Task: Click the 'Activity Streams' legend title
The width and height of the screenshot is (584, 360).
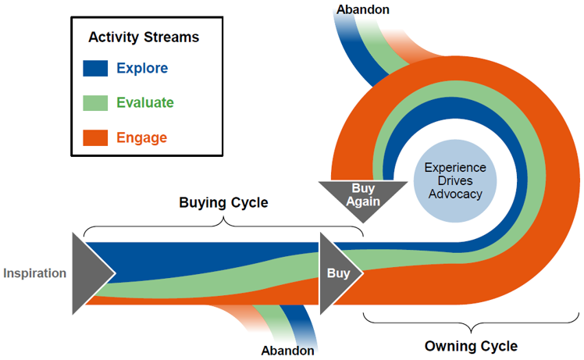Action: [x=143, y=37]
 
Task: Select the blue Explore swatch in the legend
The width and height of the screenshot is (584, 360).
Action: [x=95, y=69]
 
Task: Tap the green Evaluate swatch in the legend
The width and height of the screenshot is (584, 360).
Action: [x=95, y=103]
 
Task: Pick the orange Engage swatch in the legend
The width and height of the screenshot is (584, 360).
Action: [x=95, y=138]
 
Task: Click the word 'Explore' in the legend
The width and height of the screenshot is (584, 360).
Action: [x=142, y=69]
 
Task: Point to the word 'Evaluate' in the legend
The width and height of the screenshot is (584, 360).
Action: [x=145, y=103]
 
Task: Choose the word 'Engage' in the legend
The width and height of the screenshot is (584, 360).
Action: [x=141, y=138]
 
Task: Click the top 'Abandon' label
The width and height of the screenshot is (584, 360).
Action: [x=362, y=9]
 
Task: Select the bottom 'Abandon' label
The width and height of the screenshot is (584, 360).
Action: [x=287, y=351]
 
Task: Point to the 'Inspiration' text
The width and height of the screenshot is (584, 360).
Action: [x=34, y=273]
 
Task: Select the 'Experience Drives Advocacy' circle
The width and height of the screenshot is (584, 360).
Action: [x=454, y=181]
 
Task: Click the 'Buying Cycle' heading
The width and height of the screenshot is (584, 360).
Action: [x=223, y=203]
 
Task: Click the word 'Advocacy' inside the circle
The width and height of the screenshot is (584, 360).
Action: [x=454, y=194]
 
